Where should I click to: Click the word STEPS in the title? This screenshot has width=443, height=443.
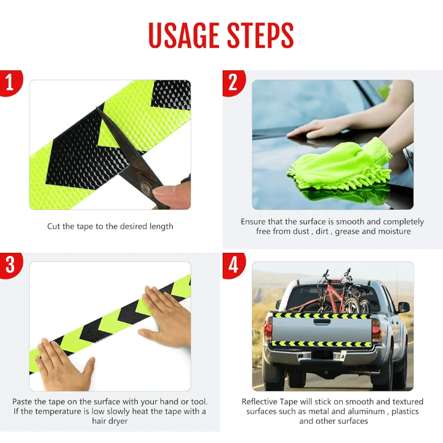click(260, 35)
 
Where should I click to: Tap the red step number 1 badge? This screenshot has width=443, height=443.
click(10, 82)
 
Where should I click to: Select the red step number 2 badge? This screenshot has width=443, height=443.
click(233, 82)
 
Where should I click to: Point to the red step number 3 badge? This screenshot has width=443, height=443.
click(10, 265)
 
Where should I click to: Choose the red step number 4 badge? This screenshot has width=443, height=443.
click(233, 265)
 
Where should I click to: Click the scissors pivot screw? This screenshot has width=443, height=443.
click(146, 187)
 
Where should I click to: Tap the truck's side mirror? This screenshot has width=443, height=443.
click(403, 307)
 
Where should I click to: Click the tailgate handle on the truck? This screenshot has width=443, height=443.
click(321, 322)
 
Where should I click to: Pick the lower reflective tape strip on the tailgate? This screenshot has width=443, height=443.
click(321, 344)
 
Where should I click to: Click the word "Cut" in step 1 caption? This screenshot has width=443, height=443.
click(52, 226)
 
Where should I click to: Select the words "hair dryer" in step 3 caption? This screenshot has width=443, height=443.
click(110, 421)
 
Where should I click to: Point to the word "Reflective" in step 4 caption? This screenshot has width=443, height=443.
click(260, 401)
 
